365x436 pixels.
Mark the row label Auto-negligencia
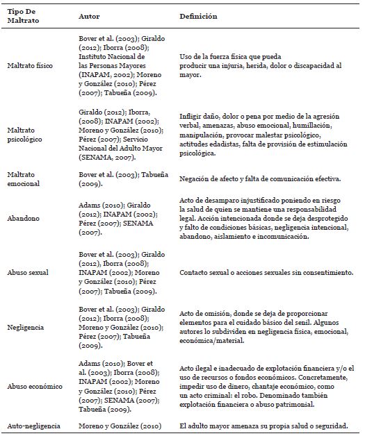[x=31, y=426]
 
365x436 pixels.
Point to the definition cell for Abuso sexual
[x=267, y=274]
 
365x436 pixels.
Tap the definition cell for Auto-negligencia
[x=268, y=426]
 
